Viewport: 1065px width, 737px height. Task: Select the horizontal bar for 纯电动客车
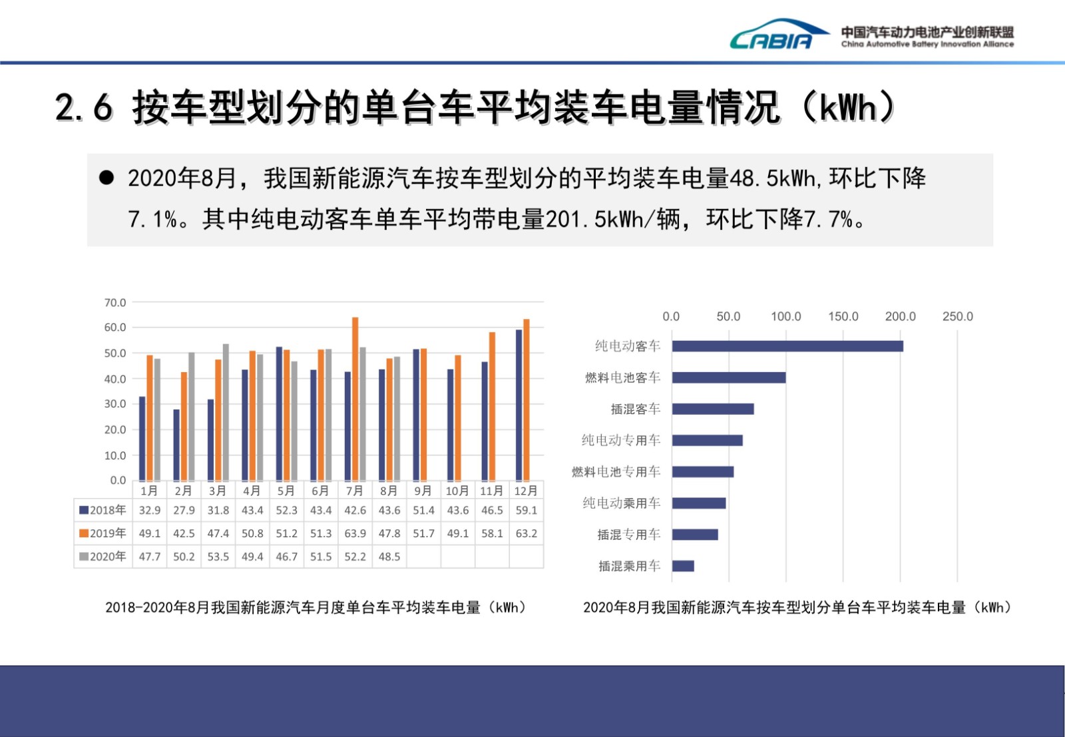click(787, 346)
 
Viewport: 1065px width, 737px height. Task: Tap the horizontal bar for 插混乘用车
click(683, 566)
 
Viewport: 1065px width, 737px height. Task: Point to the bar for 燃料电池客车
click(728, 377)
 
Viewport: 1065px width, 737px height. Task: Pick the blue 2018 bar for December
click(519, 405)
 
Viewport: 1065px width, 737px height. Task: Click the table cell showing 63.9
click(355, 533)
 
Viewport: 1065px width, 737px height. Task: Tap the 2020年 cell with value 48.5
click(389, 557)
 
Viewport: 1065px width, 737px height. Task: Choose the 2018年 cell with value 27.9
click(184, 510)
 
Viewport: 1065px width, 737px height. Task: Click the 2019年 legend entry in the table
click(103, 533)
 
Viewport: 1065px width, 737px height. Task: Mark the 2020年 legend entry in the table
click(103, 557)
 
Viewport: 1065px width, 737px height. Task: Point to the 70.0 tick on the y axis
click(115, 302)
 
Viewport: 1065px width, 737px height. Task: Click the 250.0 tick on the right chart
click(957, 316)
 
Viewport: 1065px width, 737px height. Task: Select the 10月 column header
click(457, 491)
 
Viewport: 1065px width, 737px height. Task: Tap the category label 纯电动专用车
click(621, 440)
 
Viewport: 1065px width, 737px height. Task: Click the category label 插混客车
click(636, 409)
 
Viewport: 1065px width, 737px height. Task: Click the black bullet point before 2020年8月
click(106, 178)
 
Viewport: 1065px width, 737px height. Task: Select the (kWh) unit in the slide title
click(848, 108)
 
